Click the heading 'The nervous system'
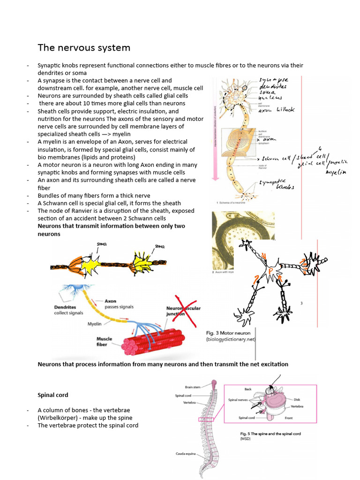point(84,48)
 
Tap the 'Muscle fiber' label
point(104,341)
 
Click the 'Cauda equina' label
point(186,453)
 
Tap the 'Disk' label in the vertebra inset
point(297,399)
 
